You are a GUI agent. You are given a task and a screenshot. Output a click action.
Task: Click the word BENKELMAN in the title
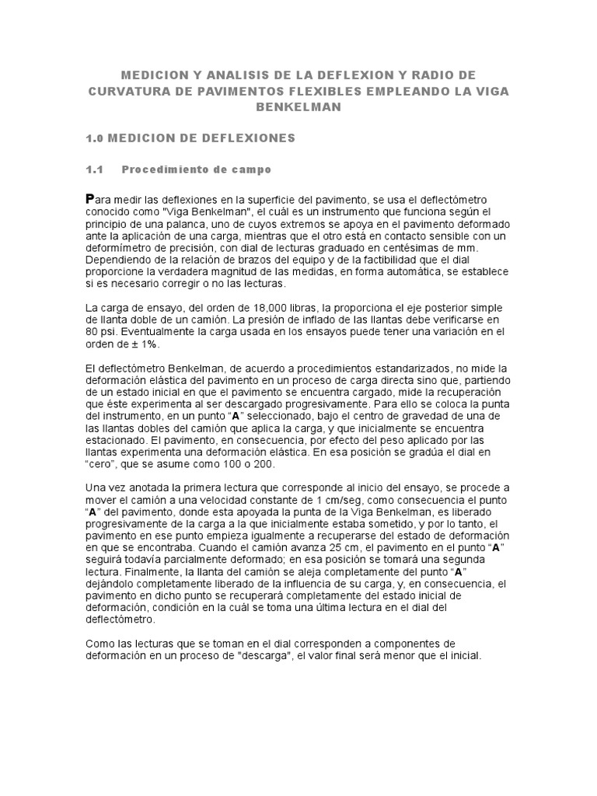click(298, 107)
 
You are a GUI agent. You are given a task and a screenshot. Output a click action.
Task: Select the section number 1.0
click(95, 138)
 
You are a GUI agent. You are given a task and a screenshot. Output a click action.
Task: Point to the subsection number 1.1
click(94, 169)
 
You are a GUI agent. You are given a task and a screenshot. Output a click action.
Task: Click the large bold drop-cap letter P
click(90, 200)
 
